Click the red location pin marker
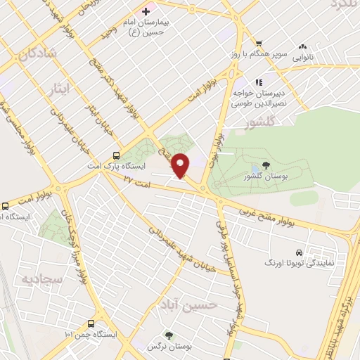coord(181,165)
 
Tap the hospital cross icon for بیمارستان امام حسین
coord(146,11)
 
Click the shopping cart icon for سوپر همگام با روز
coord(259,43)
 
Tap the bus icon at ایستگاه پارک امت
coord(116,157)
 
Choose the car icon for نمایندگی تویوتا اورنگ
coord(300,252)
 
